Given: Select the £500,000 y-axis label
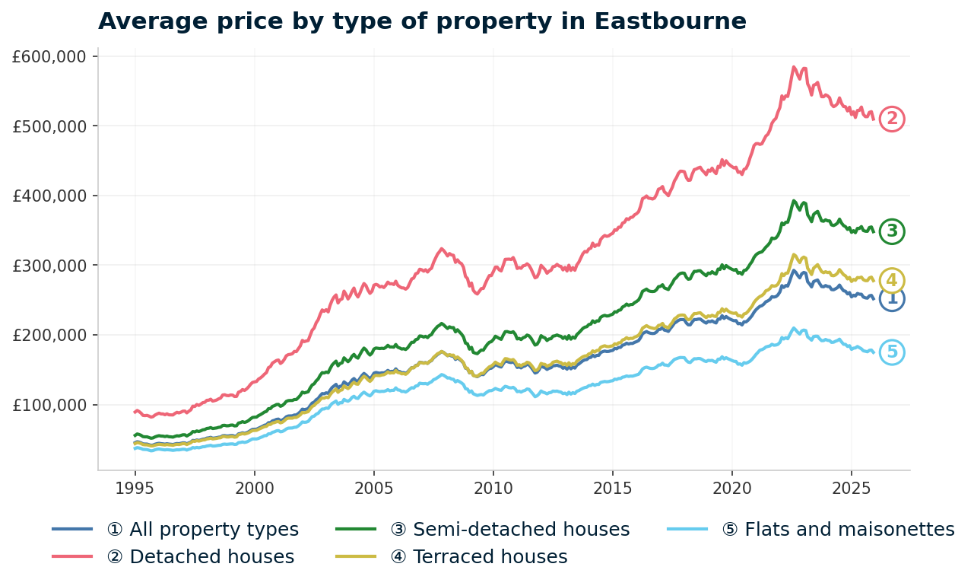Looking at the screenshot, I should [50, 126].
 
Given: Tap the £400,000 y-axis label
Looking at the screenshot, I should [50, 196].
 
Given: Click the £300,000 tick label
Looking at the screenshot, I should [50, 266].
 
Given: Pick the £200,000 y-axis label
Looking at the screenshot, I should [50, 335].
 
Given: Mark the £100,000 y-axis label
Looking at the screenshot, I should [50, 405].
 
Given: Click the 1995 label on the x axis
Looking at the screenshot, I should [135, 487].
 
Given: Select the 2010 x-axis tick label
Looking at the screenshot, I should [493, 487].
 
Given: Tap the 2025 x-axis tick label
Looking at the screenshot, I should [851, 487].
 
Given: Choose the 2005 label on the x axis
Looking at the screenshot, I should [373, 487].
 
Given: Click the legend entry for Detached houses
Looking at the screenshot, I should [201, 557].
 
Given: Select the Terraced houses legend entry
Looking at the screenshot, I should [479, 557].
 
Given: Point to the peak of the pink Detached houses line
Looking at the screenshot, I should [794, 67].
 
